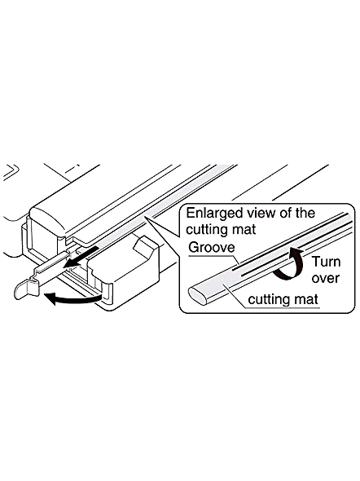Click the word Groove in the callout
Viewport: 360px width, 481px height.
[x=212, y=247]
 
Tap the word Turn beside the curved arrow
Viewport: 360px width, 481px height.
[x=326, y=262]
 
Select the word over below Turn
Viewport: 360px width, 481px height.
[x=325, y=278]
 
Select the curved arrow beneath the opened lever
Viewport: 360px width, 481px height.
[x=73, y=298]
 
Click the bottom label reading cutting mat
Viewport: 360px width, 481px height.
[x=283, y=299]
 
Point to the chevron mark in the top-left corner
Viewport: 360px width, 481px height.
[x=11, y=171]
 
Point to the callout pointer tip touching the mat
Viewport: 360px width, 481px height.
[x=146, y=217]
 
